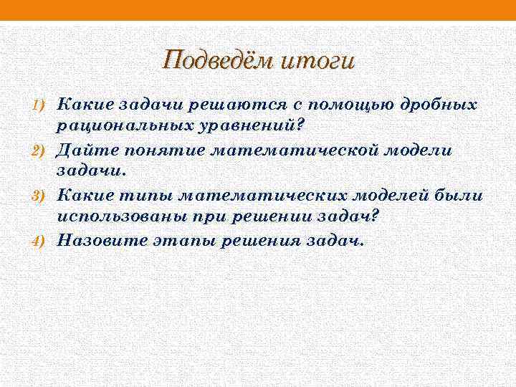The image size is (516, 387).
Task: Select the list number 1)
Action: point(38,105)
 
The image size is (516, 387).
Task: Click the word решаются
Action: point(223,105)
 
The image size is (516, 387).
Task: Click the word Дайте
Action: point(81,150)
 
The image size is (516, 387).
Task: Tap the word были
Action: point(460,196)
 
